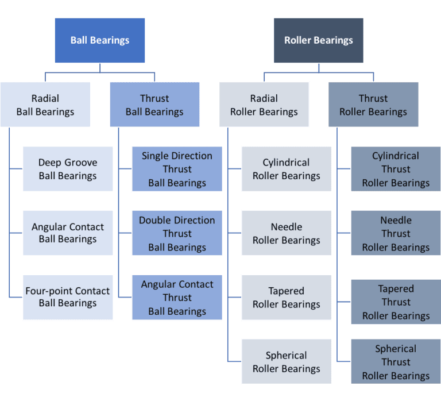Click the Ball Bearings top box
[100, 40]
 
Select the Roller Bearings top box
[319, 40]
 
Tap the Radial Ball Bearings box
[45, 105]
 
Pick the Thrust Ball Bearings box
[154, 105]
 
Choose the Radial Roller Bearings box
[264, 105]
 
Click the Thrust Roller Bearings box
[373, 105]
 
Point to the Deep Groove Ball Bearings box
[68, 169]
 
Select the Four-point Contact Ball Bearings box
[68, 297]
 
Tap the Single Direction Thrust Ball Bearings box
[177, 169]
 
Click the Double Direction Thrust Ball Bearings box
[177, 233]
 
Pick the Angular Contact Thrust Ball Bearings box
[177, 297]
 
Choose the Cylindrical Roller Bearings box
[287, 169]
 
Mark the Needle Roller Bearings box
[287, 233]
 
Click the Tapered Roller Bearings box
[287, 297]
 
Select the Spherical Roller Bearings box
[287, 361]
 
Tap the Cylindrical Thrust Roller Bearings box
[396, 169]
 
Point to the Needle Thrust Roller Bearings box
[396, 233]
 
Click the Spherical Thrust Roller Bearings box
[396, 361]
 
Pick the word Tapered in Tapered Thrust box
[396, 288]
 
